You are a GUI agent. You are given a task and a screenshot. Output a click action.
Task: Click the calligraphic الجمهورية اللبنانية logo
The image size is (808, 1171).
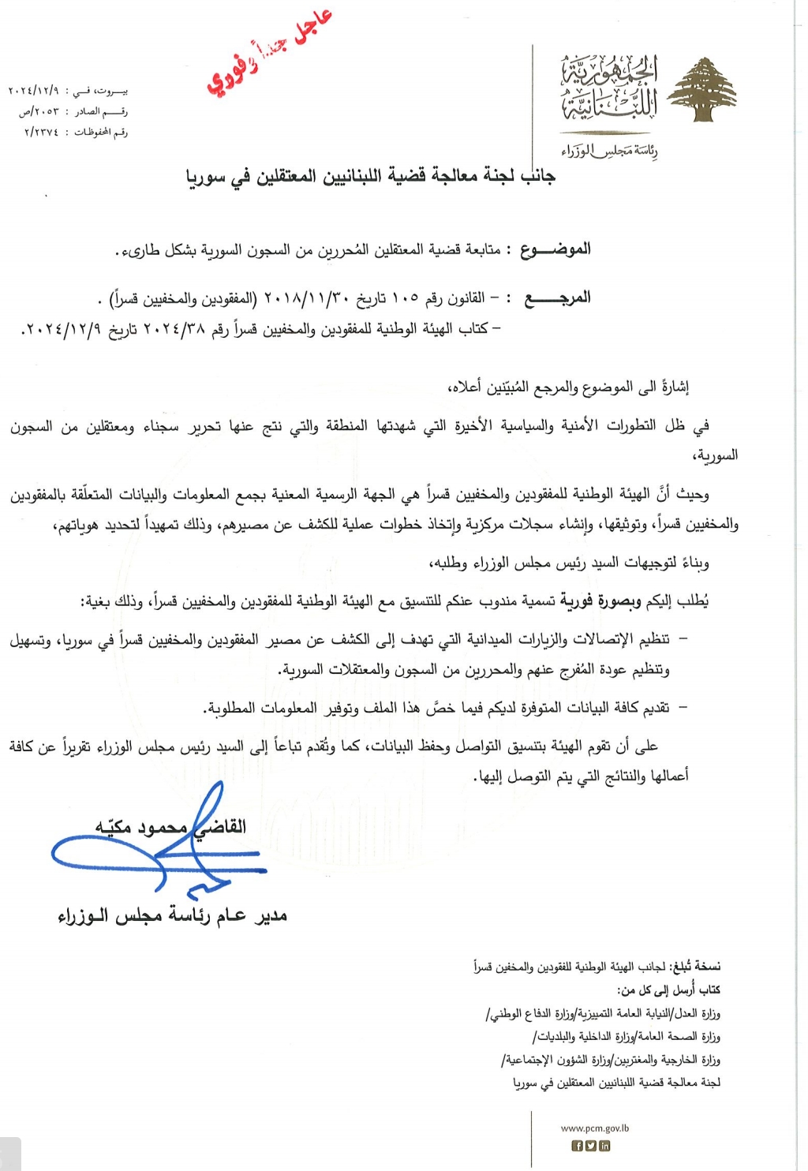click(609, 88)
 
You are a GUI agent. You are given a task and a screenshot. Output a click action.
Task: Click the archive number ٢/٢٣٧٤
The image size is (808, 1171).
click(41, 132)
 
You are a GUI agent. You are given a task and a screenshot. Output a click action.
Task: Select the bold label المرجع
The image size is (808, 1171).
click(558, 297)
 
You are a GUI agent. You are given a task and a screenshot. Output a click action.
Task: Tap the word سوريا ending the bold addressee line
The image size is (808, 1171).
click(206, 177)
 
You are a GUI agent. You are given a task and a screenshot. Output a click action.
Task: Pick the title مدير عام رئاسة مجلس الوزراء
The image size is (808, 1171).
click(172, 915)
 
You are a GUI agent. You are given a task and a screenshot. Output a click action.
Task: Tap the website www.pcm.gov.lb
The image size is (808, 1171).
click(595, 1128)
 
